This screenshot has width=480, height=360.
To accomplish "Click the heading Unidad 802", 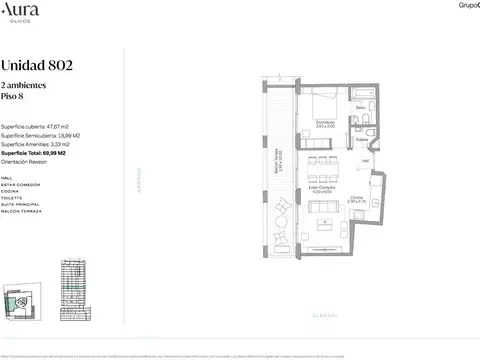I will click(x=37, y=66).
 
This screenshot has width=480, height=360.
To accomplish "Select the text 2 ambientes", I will click(x=23, y=87).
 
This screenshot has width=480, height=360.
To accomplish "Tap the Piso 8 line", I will click(x=14, y=98).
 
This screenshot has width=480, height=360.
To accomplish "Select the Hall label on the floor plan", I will click(x=366, y=161).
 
